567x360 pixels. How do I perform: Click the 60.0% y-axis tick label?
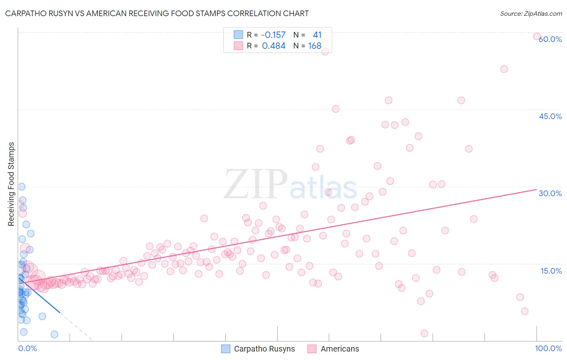coord(550,39)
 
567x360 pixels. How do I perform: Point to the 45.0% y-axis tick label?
coord(550,116)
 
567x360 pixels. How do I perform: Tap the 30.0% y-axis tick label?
coord(550,193)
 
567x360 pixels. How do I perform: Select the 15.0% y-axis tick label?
coord(551,271)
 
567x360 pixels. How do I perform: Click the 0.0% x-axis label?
coord(27,348)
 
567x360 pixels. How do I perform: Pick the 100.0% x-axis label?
coord(548,348)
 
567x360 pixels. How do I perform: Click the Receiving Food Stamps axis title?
coord(11,184)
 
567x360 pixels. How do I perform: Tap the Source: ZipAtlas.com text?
coord(531,13)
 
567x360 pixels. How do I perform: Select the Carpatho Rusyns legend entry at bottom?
coord(258,349)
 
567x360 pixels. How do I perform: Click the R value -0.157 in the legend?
coord(273,35)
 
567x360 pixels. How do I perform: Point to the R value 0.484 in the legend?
coord(273,46)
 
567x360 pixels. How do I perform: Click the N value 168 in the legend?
coord(315,46)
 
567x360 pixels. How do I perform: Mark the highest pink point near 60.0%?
coord(537,36)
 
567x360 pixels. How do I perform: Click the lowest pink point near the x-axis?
coord(424,333)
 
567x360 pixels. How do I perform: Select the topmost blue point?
coord(22,186)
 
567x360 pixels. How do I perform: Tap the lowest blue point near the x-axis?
coord(54,334)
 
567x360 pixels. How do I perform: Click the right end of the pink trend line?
coord(536,189)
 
